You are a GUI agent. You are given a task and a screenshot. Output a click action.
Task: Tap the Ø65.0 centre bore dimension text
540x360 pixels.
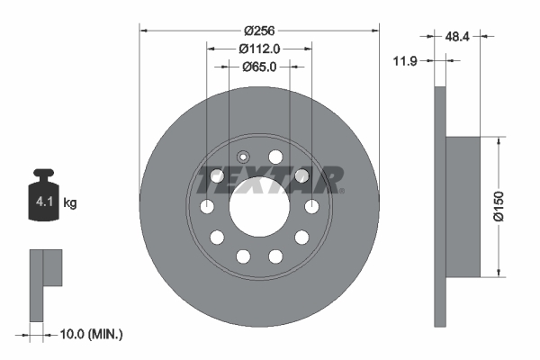pyautogui.click(x=259, y=67)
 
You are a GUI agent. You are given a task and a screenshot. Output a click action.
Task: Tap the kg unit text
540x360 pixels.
pyautogui.click(x=70, y=203)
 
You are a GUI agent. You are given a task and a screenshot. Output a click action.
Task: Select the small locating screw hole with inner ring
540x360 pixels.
pyautogui.click(x=242, y=156)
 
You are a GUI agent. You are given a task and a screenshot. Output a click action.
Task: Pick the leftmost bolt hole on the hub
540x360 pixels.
pyautogui.click(x=207, y=208)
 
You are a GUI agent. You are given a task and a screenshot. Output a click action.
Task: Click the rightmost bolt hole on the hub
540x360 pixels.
pyautogui.click(x=312, y=208)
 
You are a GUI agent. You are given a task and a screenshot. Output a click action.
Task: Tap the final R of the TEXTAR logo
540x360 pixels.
pyautogui.click(x=329, y=180)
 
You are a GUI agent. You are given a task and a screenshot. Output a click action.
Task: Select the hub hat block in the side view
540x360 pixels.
pyautogui.click(x=464, y=206)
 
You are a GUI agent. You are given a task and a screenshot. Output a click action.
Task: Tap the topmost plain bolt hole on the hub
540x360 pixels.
pyautogui.click(x=275, y=157)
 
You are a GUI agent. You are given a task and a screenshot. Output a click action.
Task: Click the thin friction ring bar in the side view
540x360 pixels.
pyautogui.click(x=439, y=207)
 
